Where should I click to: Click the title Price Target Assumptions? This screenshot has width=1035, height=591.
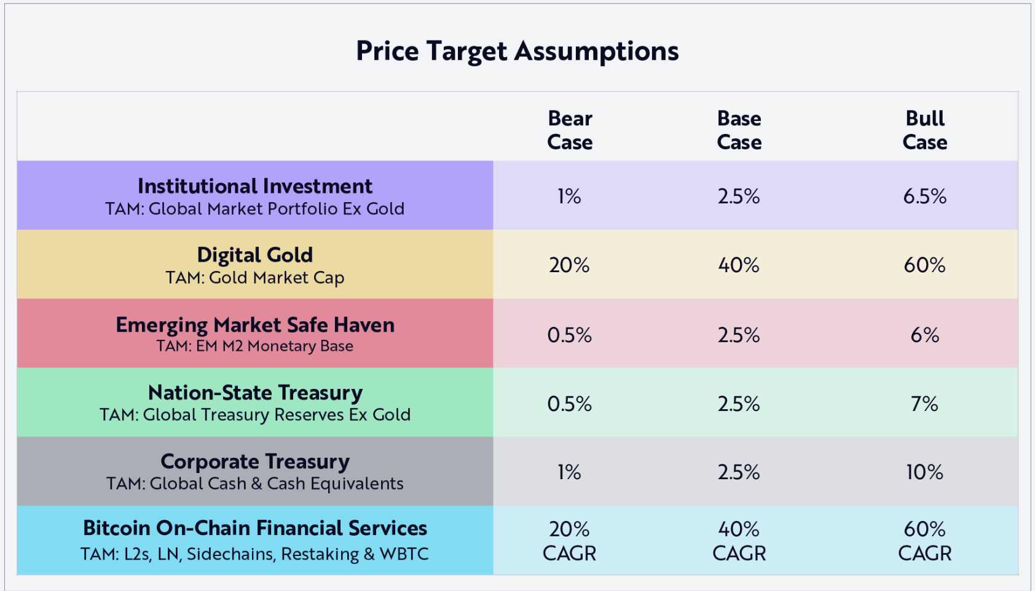pyautogui.click(x=517, y=51)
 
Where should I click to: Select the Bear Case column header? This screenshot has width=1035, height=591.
pyautogui.click(x=570, y=130)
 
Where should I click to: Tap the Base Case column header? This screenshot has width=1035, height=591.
pyautogui.click(x=739, y=130)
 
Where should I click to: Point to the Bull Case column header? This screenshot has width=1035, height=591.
pyautogui.click(x=924, y=130)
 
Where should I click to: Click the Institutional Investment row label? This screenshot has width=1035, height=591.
pyautogui.click(x=254, y=186)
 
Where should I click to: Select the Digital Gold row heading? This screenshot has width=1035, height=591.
pyautogui.click(x=254, y=255)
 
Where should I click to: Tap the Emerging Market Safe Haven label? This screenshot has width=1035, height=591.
pyautogui.click(x=254, y=324)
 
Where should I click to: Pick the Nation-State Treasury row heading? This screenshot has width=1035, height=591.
pyautogui.click(x=254, y=393)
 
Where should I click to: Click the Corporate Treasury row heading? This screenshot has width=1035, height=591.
pyautogui.click(x=254, y=461)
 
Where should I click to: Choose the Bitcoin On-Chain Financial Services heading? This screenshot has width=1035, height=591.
pyautogui.click(x=254, y=528)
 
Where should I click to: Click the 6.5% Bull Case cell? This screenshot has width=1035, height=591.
pyautogui.click(x=924, y=197)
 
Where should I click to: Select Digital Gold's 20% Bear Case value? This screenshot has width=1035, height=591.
pyautogui.click(x=569, y=265)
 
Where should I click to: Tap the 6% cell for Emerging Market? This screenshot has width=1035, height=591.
pyautogui.click(x=924, y=335)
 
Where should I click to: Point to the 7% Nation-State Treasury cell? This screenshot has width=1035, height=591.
pyautogui.click(x=924, y=404)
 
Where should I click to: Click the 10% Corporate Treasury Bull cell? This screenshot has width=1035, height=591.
pyautogui.click(x=924, y=472)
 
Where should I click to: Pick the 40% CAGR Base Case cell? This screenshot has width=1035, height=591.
pyautogui.click(x=739, y=541)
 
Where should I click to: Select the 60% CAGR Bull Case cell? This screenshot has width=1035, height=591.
pyautogui.click(x=924, y=541)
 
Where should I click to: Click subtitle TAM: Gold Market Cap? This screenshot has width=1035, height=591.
pyautogui.click(x=254, y=278)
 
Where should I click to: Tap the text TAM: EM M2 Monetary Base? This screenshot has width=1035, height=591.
pyautogui.click(x=254, y=346)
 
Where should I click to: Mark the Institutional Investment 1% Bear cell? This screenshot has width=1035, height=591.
pyautogui.click(x=569, y=197)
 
